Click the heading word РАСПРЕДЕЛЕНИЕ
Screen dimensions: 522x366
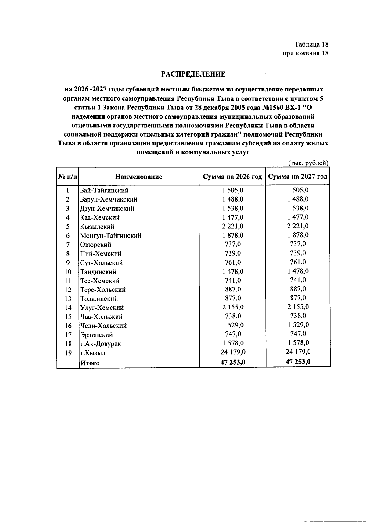point(193,74)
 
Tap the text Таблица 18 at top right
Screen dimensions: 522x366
point(311,45)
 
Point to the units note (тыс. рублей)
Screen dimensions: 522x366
point(308,163)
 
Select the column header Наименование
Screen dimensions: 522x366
point(139,177)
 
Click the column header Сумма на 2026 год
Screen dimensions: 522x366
point(233,177)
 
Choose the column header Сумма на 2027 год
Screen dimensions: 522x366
point(298,177)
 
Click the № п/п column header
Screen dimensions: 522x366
point(68,177)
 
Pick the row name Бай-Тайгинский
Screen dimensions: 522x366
point(104,190)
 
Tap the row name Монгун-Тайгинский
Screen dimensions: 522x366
point(110,235)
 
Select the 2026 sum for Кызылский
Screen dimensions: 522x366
point(233,226)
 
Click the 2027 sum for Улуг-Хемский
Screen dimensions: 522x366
point(298,307)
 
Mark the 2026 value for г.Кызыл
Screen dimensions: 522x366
point(233,352)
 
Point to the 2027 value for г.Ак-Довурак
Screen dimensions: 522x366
point(298,343)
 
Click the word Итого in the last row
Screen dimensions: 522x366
point(90,363)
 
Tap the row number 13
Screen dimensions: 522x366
point(68,299)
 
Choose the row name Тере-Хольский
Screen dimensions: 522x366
point(103,290)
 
